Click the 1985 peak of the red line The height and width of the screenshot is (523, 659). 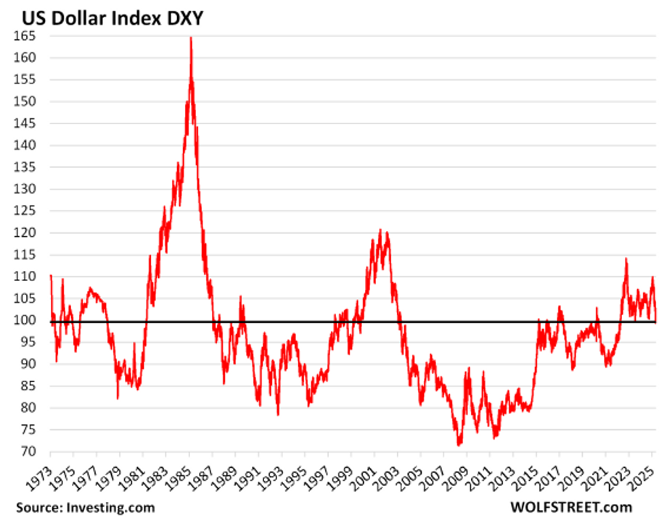191,38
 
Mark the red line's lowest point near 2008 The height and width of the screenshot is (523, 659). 459,445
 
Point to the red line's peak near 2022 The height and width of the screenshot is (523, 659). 626,259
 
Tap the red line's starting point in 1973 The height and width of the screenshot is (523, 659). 51,275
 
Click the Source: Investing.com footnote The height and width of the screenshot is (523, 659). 81,507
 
